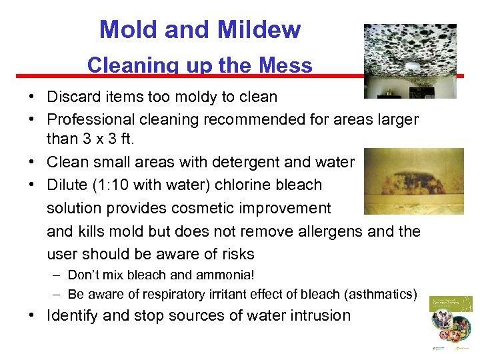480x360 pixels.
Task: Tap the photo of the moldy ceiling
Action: (x=410, y=61)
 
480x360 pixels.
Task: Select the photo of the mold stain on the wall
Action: (x=413, y=181)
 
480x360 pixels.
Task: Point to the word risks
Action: (x=234, y=254)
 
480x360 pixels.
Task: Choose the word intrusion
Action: (x=318, y=316)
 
